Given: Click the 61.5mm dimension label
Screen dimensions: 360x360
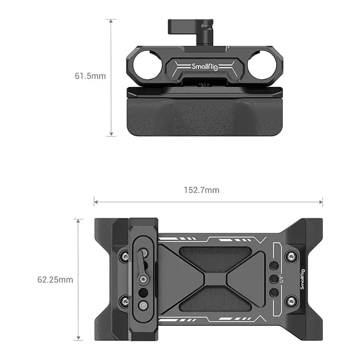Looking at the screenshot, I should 90,76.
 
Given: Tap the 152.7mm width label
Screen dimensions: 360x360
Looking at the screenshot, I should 202,190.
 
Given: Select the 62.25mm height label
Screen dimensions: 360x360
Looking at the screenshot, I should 55,280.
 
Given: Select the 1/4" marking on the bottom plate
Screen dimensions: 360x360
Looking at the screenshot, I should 281,279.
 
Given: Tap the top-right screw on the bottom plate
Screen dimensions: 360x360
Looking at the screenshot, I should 291,256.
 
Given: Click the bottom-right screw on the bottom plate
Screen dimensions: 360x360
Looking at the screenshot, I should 291,301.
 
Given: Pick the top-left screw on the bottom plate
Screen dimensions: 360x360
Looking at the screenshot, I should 124,256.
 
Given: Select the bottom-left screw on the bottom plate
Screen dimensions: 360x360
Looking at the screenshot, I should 124,301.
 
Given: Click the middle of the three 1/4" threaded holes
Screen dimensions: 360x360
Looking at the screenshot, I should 274,279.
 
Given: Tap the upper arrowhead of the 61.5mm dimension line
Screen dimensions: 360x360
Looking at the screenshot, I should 111,21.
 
